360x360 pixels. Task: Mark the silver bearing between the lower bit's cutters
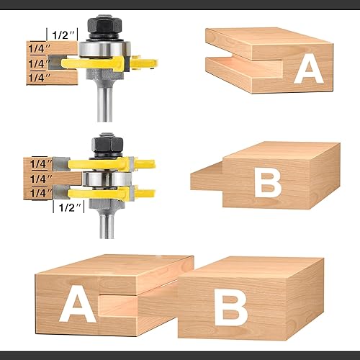coord(109,177)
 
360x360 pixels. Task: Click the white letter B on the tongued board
coord(268,184)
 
